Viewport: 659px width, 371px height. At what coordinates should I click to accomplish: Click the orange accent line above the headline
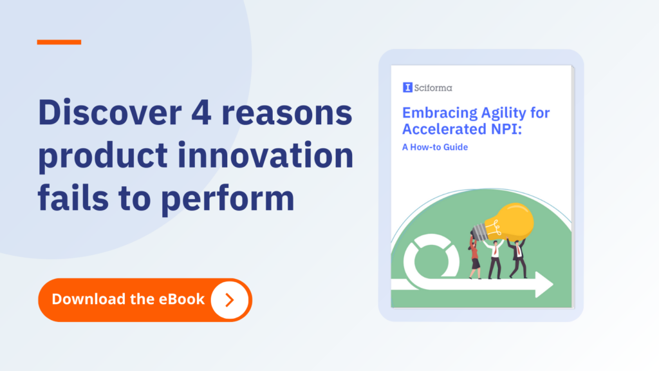(x=59, y=42)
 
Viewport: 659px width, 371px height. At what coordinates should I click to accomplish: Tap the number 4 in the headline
(x=201, y=113)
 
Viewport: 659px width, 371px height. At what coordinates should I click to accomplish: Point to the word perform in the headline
(x=228, y=200)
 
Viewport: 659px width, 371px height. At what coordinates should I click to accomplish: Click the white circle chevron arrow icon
(x=230, y=300)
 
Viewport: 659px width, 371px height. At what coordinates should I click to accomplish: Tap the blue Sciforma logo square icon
(x=407, y=87)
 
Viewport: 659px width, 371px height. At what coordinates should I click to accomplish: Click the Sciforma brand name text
(x=433, y=88)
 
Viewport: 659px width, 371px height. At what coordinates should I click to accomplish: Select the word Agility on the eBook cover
(x=503, y=113)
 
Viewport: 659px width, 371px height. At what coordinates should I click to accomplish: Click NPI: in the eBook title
(x=506, y=129)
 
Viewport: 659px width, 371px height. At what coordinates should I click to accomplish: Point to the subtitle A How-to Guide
(x=435, y=147)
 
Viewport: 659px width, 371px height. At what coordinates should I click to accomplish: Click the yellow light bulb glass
(x=510, y=222)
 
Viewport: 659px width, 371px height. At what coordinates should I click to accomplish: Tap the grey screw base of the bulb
(x=479, y=232)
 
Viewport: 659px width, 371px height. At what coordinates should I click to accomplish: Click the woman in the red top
(x=474, y=258)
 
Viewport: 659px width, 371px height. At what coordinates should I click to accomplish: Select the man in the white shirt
(x=495, y=259)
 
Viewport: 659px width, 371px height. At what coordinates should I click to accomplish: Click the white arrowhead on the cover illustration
(x=544, y=285)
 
